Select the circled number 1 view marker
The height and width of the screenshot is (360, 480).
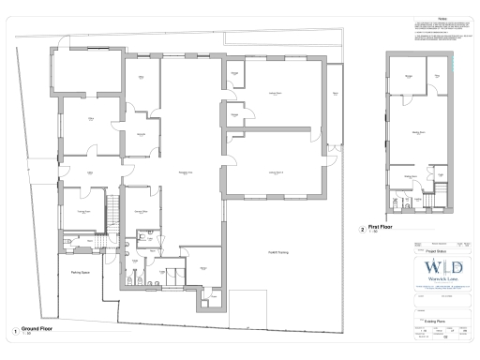coord(14,330)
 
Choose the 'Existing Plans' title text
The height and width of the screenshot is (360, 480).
coord(433,319)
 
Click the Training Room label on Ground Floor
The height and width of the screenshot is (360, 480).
coord(83,212)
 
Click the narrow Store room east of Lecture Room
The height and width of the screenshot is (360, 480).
coord(335,94)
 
